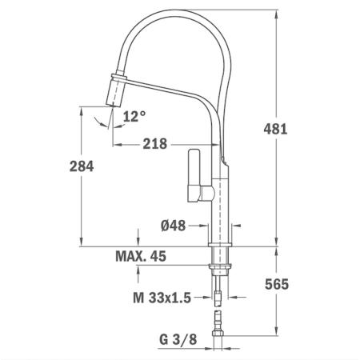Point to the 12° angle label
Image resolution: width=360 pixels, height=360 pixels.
134,117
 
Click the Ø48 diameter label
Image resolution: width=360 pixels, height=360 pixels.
172,226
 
